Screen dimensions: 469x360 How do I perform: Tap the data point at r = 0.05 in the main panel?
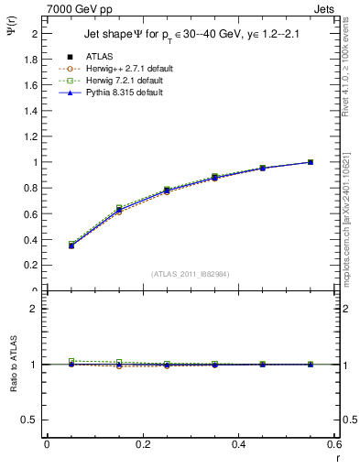71,245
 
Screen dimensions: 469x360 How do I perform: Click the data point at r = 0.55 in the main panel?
311,162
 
